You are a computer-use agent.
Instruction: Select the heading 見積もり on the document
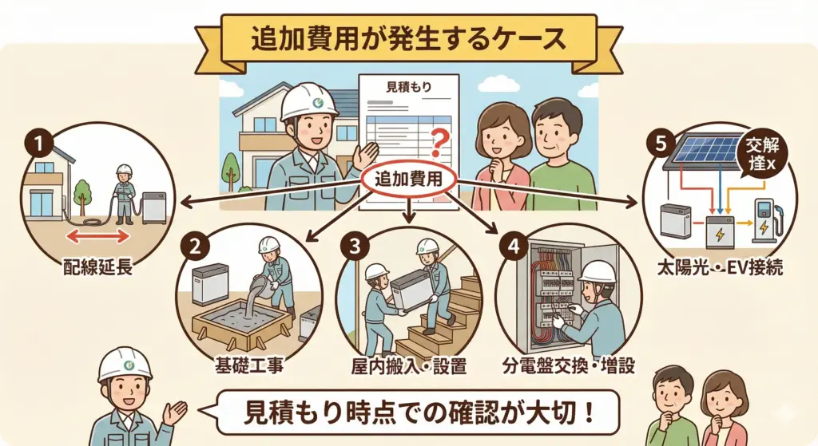pyautogui.click(x=408, y=86)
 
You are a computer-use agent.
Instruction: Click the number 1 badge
pyautogui.click(x=38, y=144)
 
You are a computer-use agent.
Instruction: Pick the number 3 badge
pyautogui.click(x=352, y=247)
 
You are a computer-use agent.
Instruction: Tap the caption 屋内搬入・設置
pyautogui.click(x=409, y=367)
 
